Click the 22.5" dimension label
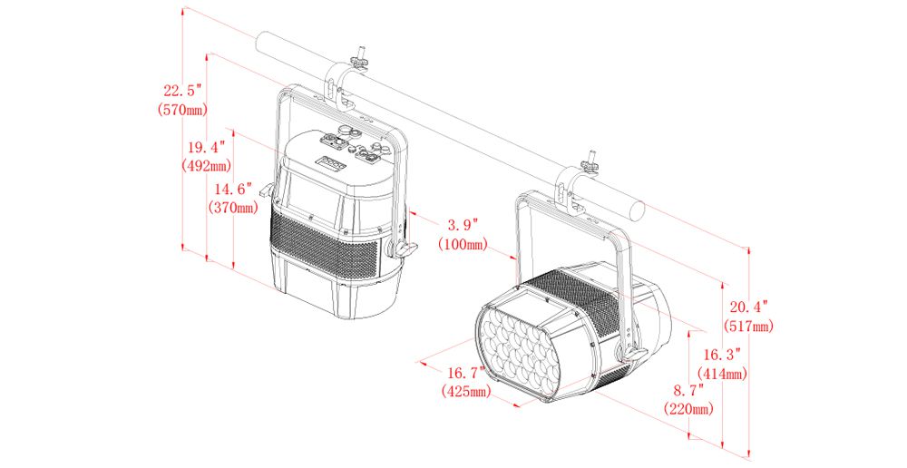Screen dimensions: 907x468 click(x=181, y=91)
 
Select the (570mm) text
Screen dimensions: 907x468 click(x=182, y=110)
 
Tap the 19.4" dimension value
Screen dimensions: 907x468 click(x=207, y=148)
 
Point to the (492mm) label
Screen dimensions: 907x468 click(x=207, y=167)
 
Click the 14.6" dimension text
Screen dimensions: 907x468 click(x=233, y=190)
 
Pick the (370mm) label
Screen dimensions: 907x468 click(x=233, y=208)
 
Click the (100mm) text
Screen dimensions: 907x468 click(x=463, y=245)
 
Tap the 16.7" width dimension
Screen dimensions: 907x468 click(x=465, y=373)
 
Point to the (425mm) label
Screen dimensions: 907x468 click(x=465, y=392)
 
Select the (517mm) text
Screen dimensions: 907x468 click(x=748, y=327)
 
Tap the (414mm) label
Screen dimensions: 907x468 click(x=722, y=373)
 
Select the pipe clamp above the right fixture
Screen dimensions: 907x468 click(x=572, y=185)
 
